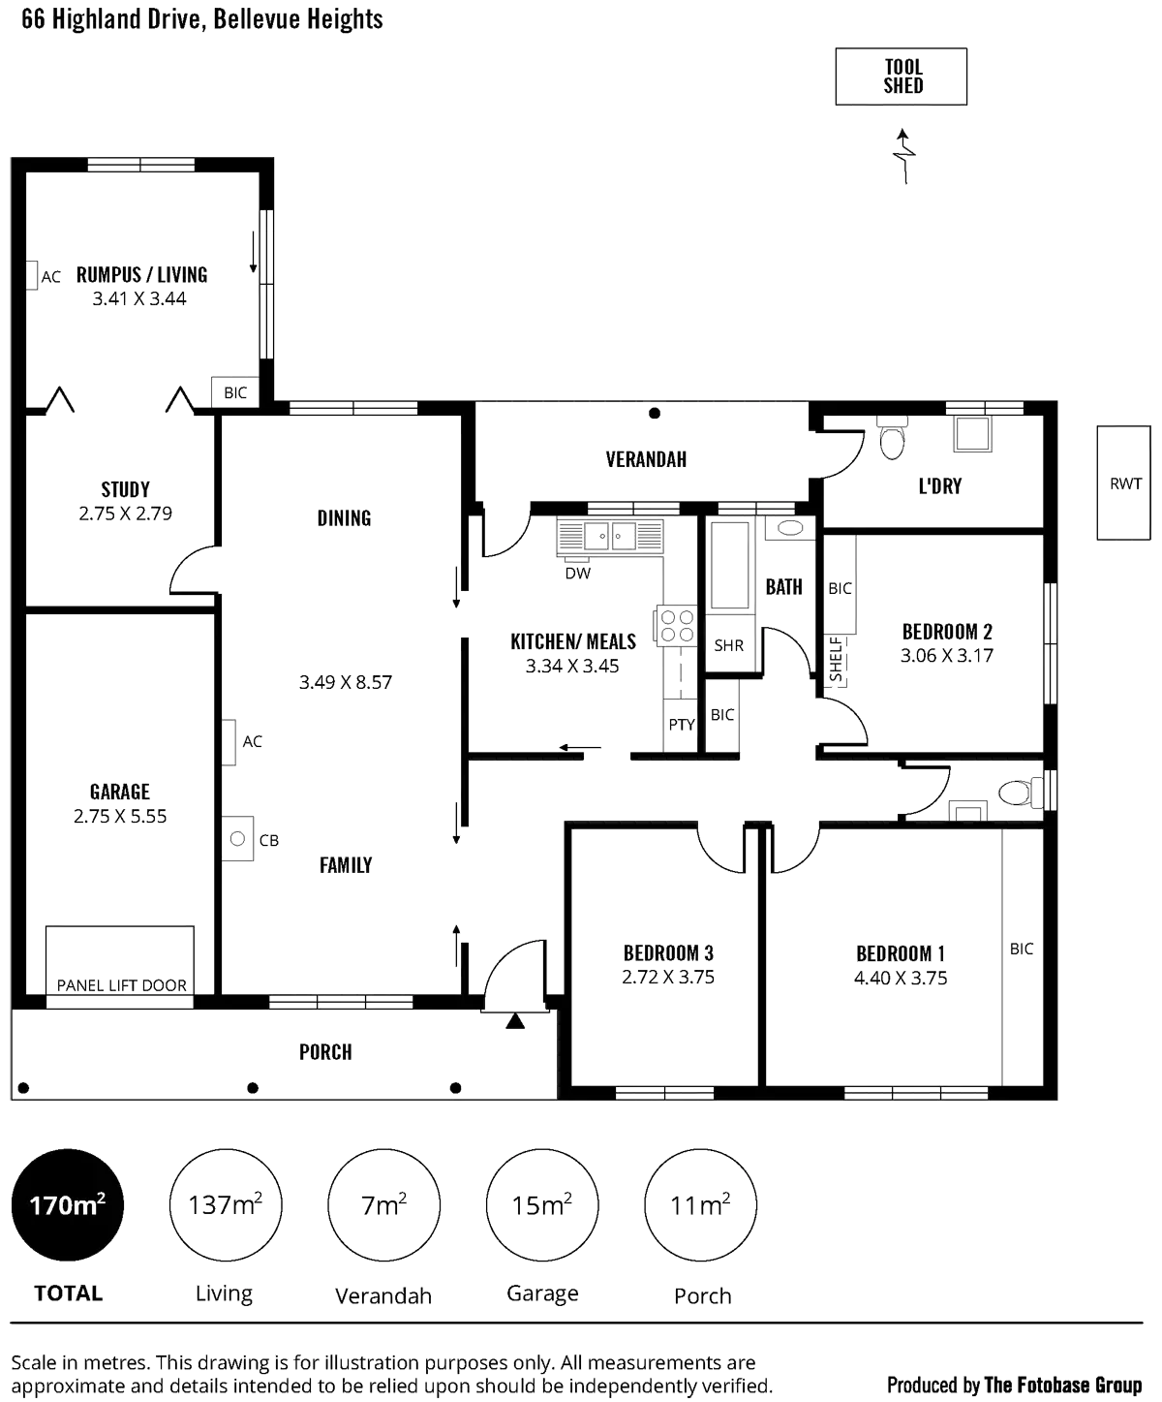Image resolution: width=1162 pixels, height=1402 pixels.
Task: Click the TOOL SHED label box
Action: tap(900, 77)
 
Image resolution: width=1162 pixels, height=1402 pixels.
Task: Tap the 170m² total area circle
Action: tap(68, 1205)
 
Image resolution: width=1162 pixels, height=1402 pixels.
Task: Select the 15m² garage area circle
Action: tap(542, 1205)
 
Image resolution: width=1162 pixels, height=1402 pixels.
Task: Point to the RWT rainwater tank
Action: tap(1122, 483)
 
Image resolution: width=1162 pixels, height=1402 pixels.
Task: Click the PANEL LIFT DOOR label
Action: tap(121, 985)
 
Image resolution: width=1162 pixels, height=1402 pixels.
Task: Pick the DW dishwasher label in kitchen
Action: tap(578, 574)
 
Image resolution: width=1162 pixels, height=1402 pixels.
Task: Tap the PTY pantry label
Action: tap(682, 724)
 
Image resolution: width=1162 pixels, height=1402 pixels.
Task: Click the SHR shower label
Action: tap(728, 645)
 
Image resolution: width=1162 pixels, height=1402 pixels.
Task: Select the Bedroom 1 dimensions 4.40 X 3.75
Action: tap(901, 977)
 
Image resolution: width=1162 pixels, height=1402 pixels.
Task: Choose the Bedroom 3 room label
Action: tap(668, 952)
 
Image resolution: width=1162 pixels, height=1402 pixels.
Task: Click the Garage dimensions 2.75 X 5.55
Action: tap(120, 817)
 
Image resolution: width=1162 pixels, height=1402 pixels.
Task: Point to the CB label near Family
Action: tap(269, 841)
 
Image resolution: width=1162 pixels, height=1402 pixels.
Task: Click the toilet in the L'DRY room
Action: tap(891, 439)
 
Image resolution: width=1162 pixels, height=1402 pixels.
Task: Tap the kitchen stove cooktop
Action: tap(675, 626)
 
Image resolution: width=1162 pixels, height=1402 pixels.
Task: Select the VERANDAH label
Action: tap(646, 459)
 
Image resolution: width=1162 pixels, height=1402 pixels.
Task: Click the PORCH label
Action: tap(326, 1051)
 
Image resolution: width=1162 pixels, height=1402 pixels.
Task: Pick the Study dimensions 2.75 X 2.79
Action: tap(126, 514)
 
